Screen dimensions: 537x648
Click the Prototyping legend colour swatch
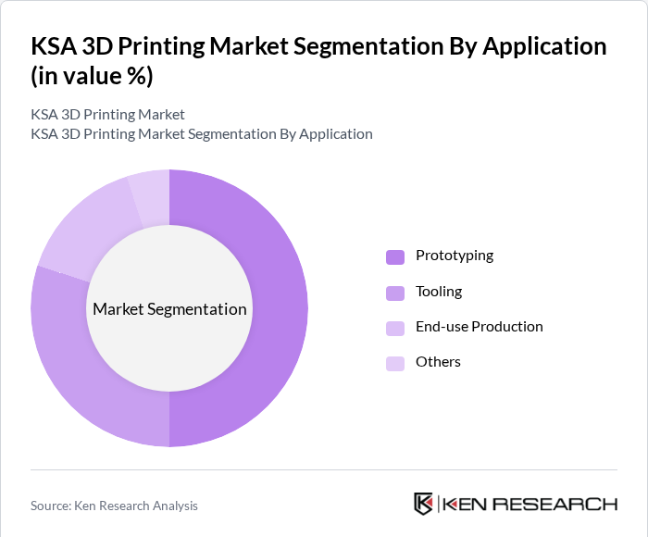395,256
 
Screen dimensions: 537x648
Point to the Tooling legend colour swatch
395,293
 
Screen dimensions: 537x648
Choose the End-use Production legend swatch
395,328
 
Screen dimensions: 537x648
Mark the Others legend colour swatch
395,363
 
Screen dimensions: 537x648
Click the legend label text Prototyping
455,256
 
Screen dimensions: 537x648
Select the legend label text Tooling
439,292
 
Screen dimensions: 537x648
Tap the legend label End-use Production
480,327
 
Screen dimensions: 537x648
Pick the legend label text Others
438,362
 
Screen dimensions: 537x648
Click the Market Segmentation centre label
169,309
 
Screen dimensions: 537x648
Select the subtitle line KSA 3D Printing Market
107,115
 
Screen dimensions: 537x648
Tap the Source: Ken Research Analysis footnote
114,506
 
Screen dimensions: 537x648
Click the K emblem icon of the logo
423,504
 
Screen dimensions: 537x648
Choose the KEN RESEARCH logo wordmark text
530,505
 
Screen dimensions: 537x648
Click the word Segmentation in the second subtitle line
232,134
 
